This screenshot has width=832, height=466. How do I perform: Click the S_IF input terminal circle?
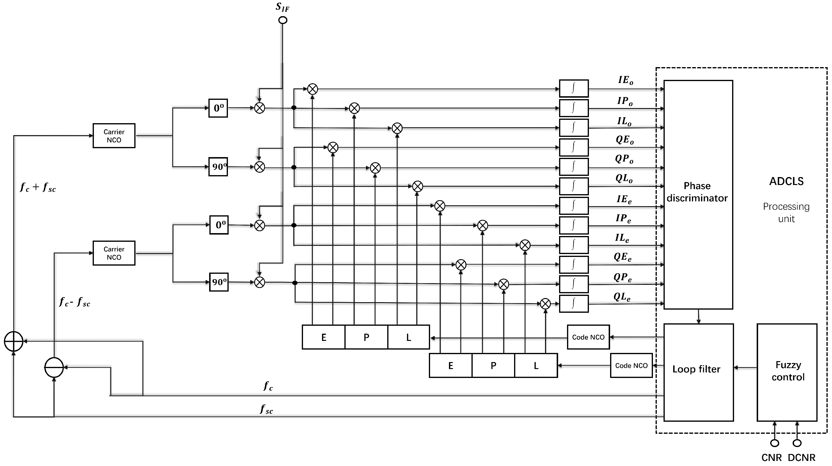pyautogui.click(x=283, y=20)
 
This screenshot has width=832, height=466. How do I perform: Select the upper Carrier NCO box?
pyautogui.click(x=114, y=136)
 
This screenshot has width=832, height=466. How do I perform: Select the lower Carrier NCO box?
pyautogui.click(x=114, y=253)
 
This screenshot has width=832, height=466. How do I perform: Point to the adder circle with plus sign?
pyautogui.click(x=13, y=341)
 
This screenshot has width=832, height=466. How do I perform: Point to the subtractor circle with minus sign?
pyautogui.click(x=54, y=368)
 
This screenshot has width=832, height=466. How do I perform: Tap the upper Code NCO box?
pyautogui.click(x=588, y=337)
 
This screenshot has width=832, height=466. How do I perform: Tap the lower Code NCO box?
pyautogui.click(x=631, y=366)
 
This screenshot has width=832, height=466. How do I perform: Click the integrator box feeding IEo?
pyautogui.click(x=574, y=88)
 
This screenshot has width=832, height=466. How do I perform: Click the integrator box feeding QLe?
pyautogui.click(x=574, y=304)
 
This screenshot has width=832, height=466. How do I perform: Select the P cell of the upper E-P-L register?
pyautogui.click(x=366, y=337)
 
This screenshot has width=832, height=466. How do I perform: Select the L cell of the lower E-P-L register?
pyautogui.click(x=536, y=366)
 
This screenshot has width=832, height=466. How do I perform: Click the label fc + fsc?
pyautogui.click(x=38, y=187)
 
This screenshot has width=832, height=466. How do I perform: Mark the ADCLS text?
pyautogui.click(x=786, y=181)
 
